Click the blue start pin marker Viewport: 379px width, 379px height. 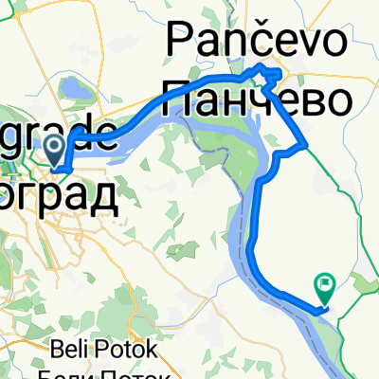click(55, 147)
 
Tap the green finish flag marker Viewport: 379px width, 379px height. click(325, 282)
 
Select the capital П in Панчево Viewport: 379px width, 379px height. click(180, 96)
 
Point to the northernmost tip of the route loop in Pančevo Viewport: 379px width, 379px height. click(264, 64)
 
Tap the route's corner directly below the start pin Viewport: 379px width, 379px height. click(59, 169)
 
